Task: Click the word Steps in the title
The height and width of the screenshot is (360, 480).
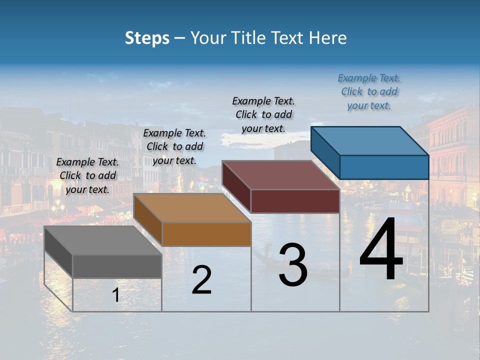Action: [147, 38]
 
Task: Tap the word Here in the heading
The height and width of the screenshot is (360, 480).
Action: [328, 38]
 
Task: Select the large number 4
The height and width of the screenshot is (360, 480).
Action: [381, 250]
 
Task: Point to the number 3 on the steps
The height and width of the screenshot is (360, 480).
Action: [293, 265]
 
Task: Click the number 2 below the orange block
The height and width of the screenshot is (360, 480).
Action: [201, 280]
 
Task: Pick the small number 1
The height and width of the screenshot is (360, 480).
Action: [116, 295]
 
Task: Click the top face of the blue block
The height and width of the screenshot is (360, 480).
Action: [369, 140]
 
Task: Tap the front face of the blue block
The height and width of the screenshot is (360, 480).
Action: [384, 167]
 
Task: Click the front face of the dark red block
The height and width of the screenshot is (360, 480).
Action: [295, 201]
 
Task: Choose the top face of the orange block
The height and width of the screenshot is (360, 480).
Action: [192, 208]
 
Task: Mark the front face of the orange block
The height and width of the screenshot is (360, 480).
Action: [206, 234]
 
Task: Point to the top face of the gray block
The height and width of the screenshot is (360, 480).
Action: [103, 240]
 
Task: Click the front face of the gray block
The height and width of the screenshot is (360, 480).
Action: [117, 266]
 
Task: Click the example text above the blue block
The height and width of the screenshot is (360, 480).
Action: [369, 91]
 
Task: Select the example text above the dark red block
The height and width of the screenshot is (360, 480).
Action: [263, 114]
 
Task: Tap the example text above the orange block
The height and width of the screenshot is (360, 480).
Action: [174, 146]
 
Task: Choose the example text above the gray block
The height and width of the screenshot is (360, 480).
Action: [87, 175]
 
